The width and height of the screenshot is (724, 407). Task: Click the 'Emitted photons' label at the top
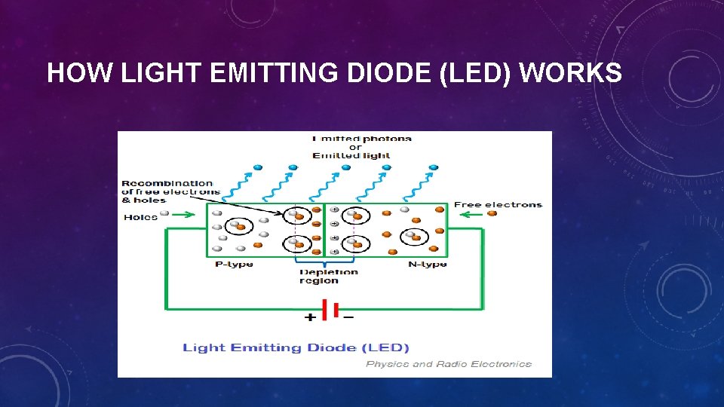362,139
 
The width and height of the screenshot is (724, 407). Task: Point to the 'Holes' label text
140,217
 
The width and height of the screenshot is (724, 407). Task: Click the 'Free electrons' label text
497,204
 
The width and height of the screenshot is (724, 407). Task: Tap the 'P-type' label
234,264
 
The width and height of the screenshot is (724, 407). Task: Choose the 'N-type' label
427,264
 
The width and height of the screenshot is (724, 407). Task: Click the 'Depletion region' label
329,277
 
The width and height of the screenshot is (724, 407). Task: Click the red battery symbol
329,309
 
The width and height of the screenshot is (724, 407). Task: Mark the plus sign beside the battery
310,318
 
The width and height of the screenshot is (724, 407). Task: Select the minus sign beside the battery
348,318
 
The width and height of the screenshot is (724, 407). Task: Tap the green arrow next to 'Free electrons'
471,213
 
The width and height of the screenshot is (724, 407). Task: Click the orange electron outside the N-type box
492,213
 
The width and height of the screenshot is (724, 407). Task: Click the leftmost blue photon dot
257,167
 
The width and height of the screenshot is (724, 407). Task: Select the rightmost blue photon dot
433,167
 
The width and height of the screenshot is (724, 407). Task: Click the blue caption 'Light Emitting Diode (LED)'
296,347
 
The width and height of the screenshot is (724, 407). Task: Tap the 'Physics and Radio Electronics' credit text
448,364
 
